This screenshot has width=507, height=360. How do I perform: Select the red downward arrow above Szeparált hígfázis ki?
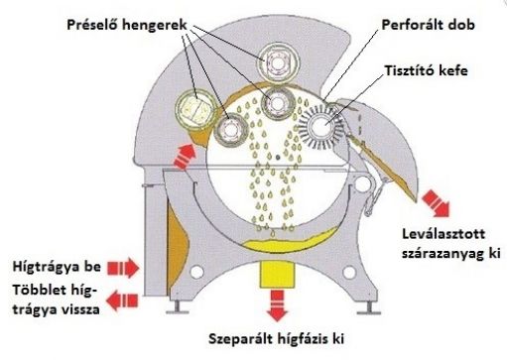272,298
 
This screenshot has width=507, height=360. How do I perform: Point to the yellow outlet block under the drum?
272,271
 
